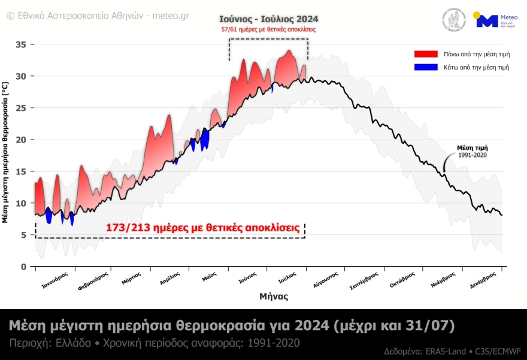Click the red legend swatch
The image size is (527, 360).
(426, 54)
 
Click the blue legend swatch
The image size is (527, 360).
(426, 67)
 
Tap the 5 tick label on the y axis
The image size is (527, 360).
(24, 235)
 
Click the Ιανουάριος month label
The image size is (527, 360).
(54, 280)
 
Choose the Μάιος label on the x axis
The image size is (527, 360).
(209, 279)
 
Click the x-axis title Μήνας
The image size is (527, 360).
(274, 296)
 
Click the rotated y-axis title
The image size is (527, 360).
(5, 153)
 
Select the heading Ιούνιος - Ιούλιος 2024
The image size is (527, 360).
(268, 19)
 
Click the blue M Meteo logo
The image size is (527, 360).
(486, 21)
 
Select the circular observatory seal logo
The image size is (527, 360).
(455, 20)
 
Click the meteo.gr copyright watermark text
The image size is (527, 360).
(98, 16)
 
